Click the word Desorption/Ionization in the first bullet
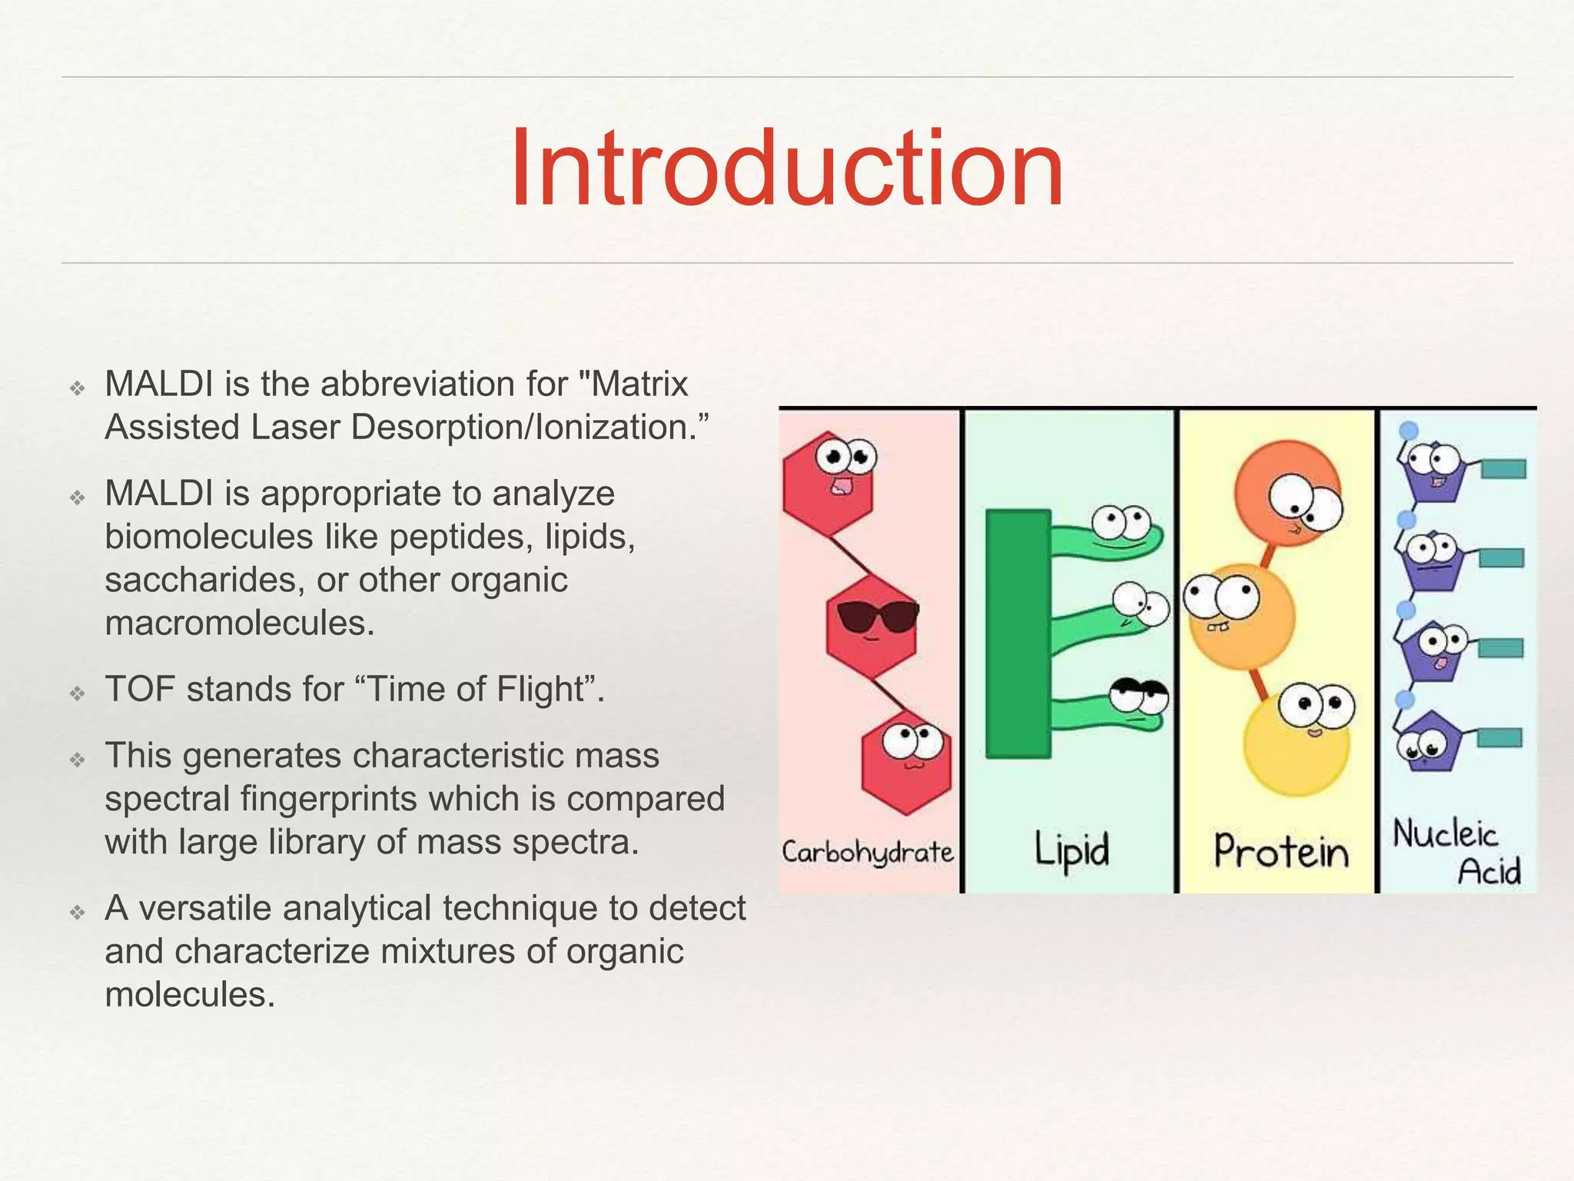[523, 427]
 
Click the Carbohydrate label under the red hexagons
[868, 852]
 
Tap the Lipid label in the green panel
[1071, 850]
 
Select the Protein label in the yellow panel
[1281, 852]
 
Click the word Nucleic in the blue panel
[1445, 834]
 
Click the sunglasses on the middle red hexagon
[877, 616]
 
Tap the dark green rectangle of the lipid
[1018, 634]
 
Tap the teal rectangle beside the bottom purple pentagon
[1499, 738]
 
